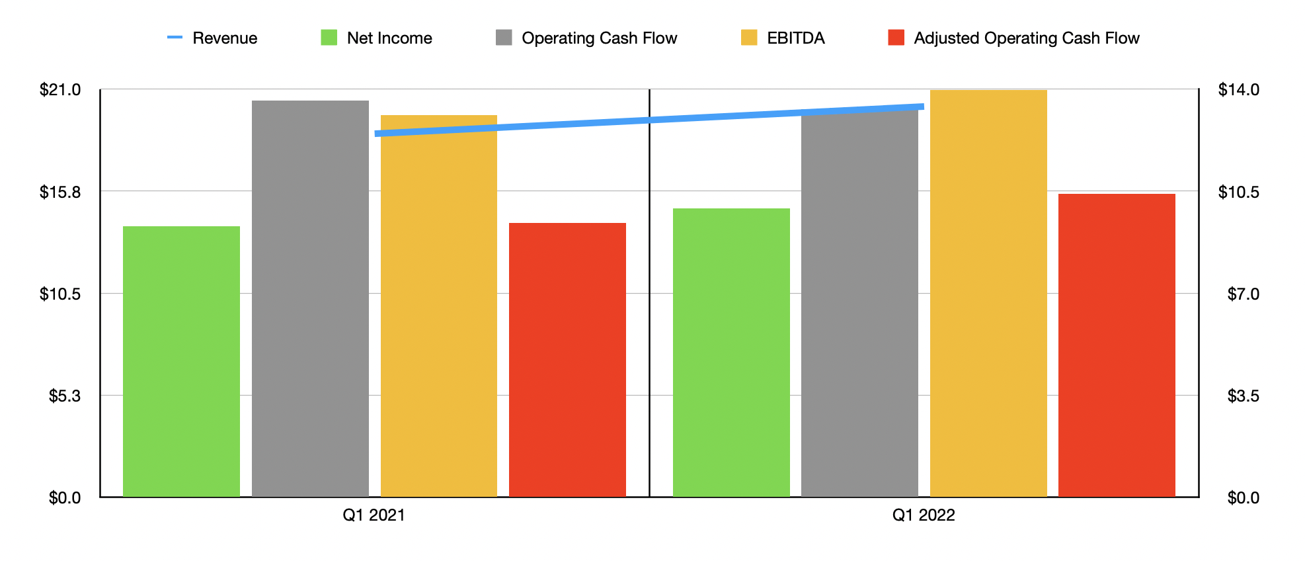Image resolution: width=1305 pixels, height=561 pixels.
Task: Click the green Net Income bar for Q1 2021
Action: pyautogui.click(x=181, y=361)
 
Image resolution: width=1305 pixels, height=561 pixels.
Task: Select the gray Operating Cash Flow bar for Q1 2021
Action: pyautogui.click(x=310, y=298)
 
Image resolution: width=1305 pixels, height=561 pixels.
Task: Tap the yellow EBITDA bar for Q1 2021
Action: pyautogui.click(x=438, y=306)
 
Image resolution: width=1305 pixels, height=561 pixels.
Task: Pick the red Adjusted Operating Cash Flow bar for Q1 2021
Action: pyautogui.click(x=567, y=360)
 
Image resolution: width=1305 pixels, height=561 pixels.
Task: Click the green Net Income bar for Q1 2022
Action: pyautogui.click(x=731, y=353)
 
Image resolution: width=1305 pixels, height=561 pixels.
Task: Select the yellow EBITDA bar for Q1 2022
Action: pyautogui.click(x=988, y=293)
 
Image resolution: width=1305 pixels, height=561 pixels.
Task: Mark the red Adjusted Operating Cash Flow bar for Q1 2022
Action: pyautogui.click(x=1117, y=345)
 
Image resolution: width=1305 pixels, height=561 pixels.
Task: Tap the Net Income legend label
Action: pyautogui.click(x=389, y=38)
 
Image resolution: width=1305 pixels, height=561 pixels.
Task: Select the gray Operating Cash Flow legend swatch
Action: pyautogui.click(x=504, y=38)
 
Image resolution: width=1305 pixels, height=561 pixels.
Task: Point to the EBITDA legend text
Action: pyautogui.click(x=795, y=38)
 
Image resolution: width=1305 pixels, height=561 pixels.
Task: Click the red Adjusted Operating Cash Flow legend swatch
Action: pyautogui.click(x=896, y=38)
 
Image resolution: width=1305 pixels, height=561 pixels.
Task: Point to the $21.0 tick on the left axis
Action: pyautogui.click(x=60, y=90)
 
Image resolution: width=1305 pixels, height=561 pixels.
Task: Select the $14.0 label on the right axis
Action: pyautogui.click(x=1238, y=90)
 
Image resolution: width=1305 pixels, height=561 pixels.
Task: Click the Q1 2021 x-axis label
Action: pyautogui.click(x=374, y=515)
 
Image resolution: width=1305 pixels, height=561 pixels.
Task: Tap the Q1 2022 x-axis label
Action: pyautogui.click(x=923, y=515)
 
